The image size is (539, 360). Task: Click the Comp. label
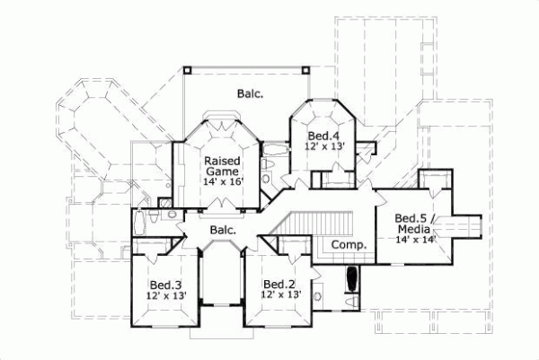346,245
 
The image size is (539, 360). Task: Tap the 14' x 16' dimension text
220,180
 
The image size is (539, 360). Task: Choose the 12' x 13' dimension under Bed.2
280,294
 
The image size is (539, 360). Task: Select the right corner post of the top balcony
305,67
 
